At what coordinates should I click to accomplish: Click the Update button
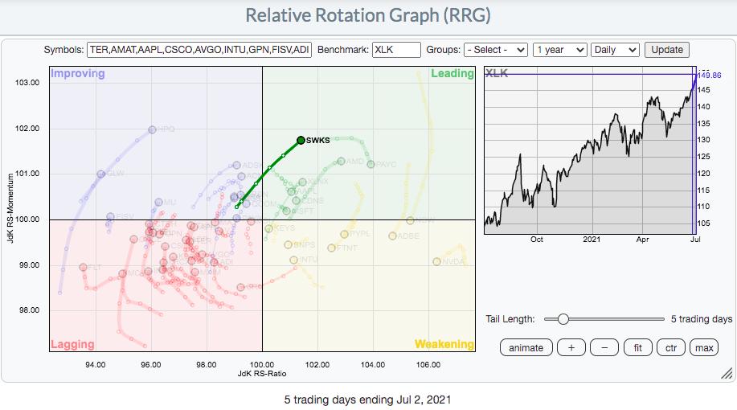coord(667,50)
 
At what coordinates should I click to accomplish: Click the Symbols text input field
coord(199,50)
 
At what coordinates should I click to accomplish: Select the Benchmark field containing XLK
coord(396,50)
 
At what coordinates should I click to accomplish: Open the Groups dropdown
coord(496,50)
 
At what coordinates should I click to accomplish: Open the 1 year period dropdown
coord(560,50)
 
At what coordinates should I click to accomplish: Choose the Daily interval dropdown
coord(615,50)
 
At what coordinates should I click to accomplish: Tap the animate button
coord(526,348)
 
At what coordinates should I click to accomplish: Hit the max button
coord(703,348)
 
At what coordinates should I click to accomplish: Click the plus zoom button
coord(571,348)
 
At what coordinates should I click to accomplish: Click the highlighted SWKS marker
coord(301,140)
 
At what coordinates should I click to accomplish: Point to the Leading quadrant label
coord(452,74)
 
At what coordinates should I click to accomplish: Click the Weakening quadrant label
coord(444,345)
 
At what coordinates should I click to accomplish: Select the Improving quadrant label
coord(78,74)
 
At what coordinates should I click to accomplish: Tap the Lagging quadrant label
coord(72,345)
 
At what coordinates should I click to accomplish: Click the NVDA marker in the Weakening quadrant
coord(436,261)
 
